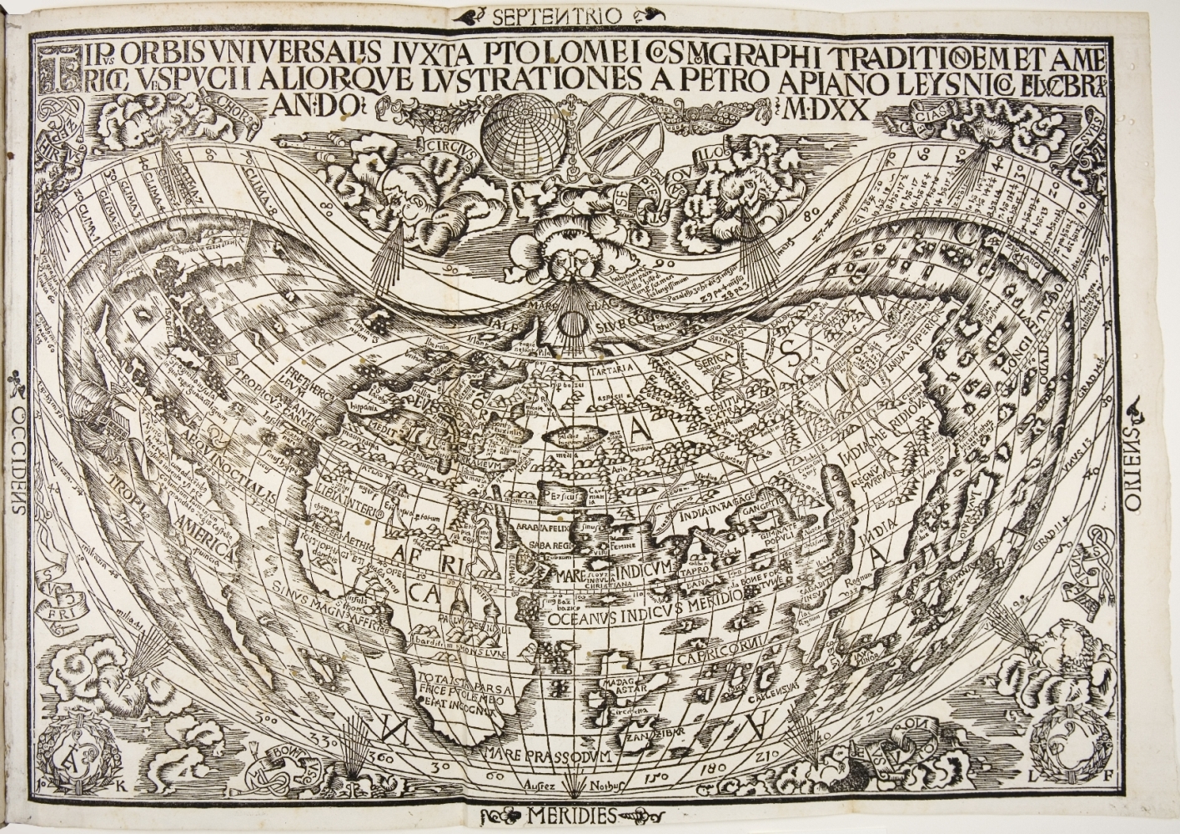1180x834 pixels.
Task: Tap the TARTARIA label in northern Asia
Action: click(611, 368)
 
